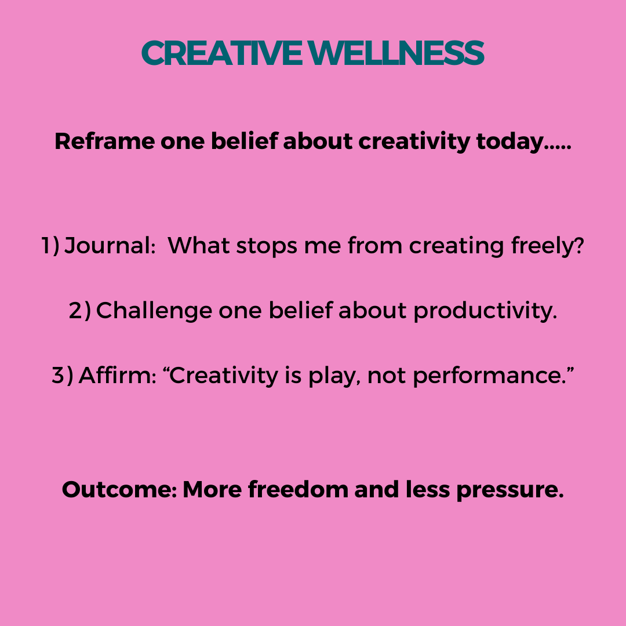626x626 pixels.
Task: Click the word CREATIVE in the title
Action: (221, 53)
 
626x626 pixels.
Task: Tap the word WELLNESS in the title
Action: (396, 53)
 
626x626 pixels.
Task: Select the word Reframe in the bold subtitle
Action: (104, 141)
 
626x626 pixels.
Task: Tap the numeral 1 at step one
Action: (46, 245)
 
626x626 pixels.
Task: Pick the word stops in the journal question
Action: (267, 246)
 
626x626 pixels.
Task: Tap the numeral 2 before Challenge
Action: (75, 311)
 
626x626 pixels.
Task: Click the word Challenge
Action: (154, 311)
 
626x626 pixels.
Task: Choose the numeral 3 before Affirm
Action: (59, 376)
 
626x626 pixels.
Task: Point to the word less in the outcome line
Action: (428, 489)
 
